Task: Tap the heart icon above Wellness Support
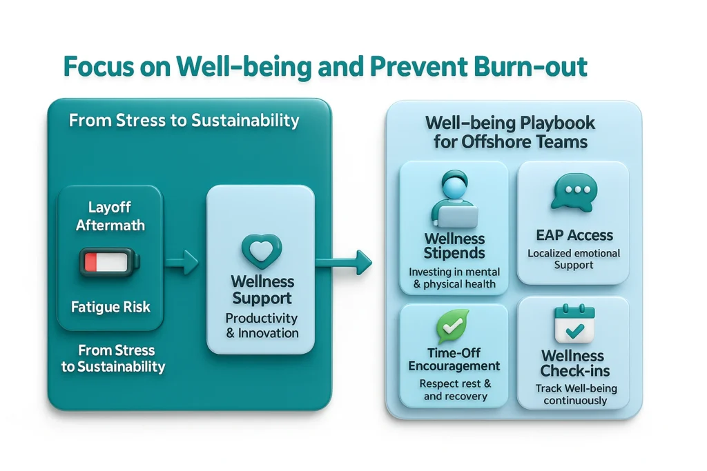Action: tap(262, 251)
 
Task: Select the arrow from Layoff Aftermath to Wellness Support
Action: tap(181, 261)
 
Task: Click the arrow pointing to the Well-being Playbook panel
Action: tap(343, 261)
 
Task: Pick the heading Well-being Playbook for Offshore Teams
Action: tap(510, 132)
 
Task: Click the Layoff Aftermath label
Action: tap(110, 216)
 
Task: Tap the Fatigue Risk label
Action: tap(110, 307)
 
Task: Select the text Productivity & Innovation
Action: tap(262, 325)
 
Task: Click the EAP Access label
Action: tap(573, 235)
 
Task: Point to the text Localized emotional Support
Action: tap(574, 259)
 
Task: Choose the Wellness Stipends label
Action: tap(454, 246)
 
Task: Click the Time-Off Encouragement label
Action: tap(454, 359)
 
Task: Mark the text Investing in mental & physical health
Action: tap(454, 277)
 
